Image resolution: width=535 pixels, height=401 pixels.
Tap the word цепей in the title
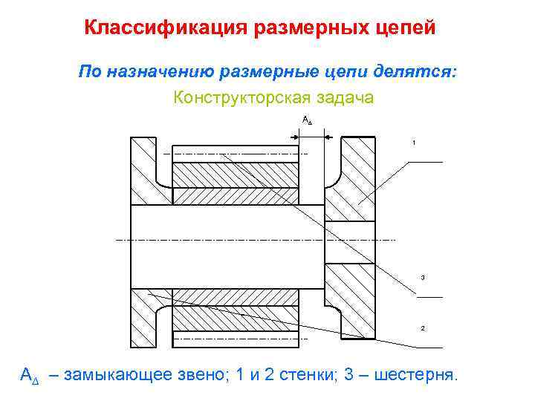[405, 28]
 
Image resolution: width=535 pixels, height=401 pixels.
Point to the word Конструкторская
[236, 97]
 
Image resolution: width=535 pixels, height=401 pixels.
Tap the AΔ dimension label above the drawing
[308, 120]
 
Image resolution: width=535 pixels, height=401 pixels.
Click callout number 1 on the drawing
[414, 142]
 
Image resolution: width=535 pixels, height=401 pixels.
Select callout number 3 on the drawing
[422, 278]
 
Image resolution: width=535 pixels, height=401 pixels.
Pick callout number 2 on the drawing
[422, 327]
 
